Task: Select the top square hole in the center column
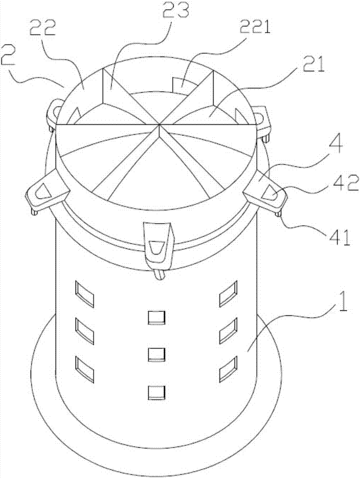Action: click(x=157, y=318)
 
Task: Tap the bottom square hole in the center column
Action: click(x=157, y=392)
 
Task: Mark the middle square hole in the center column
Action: click(x=157, y=355)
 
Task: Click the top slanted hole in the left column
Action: click(x=85, y=294)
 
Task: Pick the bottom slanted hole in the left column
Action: click(x=85, y=369)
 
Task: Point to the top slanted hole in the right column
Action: click(x=229, y=294)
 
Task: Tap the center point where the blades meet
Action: click(x=159, y=124)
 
